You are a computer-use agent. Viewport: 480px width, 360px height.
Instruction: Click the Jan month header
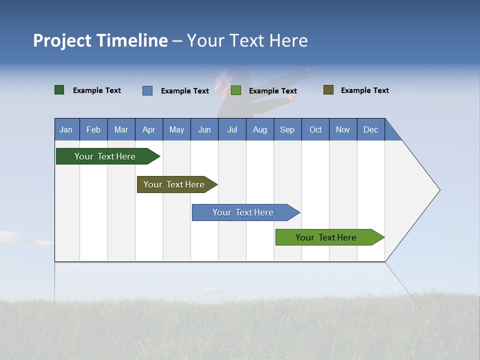(66, 129)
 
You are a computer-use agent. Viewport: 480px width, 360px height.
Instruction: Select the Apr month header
(148, 129)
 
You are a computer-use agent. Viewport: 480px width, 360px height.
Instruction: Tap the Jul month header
(232, 129)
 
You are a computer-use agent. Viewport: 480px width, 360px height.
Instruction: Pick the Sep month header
(287, 129)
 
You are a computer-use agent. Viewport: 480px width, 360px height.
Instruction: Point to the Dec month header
(370, 129)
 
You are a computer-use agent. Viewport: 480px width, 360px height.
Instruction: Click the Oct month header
(315, 129)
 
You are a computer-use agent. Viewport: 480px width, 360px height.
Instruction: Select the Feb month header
(93, 129)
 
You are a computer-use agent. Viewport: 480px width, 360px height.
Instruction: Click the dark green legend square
(59, 90)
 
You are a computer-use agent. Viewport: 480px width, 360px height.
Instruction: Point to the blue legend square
(147, 90)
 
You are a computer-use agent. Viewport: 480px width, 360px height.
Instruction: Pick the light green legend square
(236, 90)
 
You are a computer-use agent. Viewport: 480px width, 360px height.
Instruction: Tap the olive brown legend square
(328, 90)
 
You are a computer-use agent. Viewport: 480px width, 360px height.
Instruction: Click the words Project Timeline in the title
(100, 40)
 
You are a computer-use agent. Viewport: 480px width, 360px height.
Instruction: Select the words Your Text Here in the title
(247, 40)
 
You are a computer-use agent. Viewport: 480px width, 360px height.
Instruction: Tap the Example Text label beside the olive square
(364, 90)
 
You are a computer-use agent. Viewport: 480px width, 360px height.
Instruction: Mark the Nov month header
(343, 129)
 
